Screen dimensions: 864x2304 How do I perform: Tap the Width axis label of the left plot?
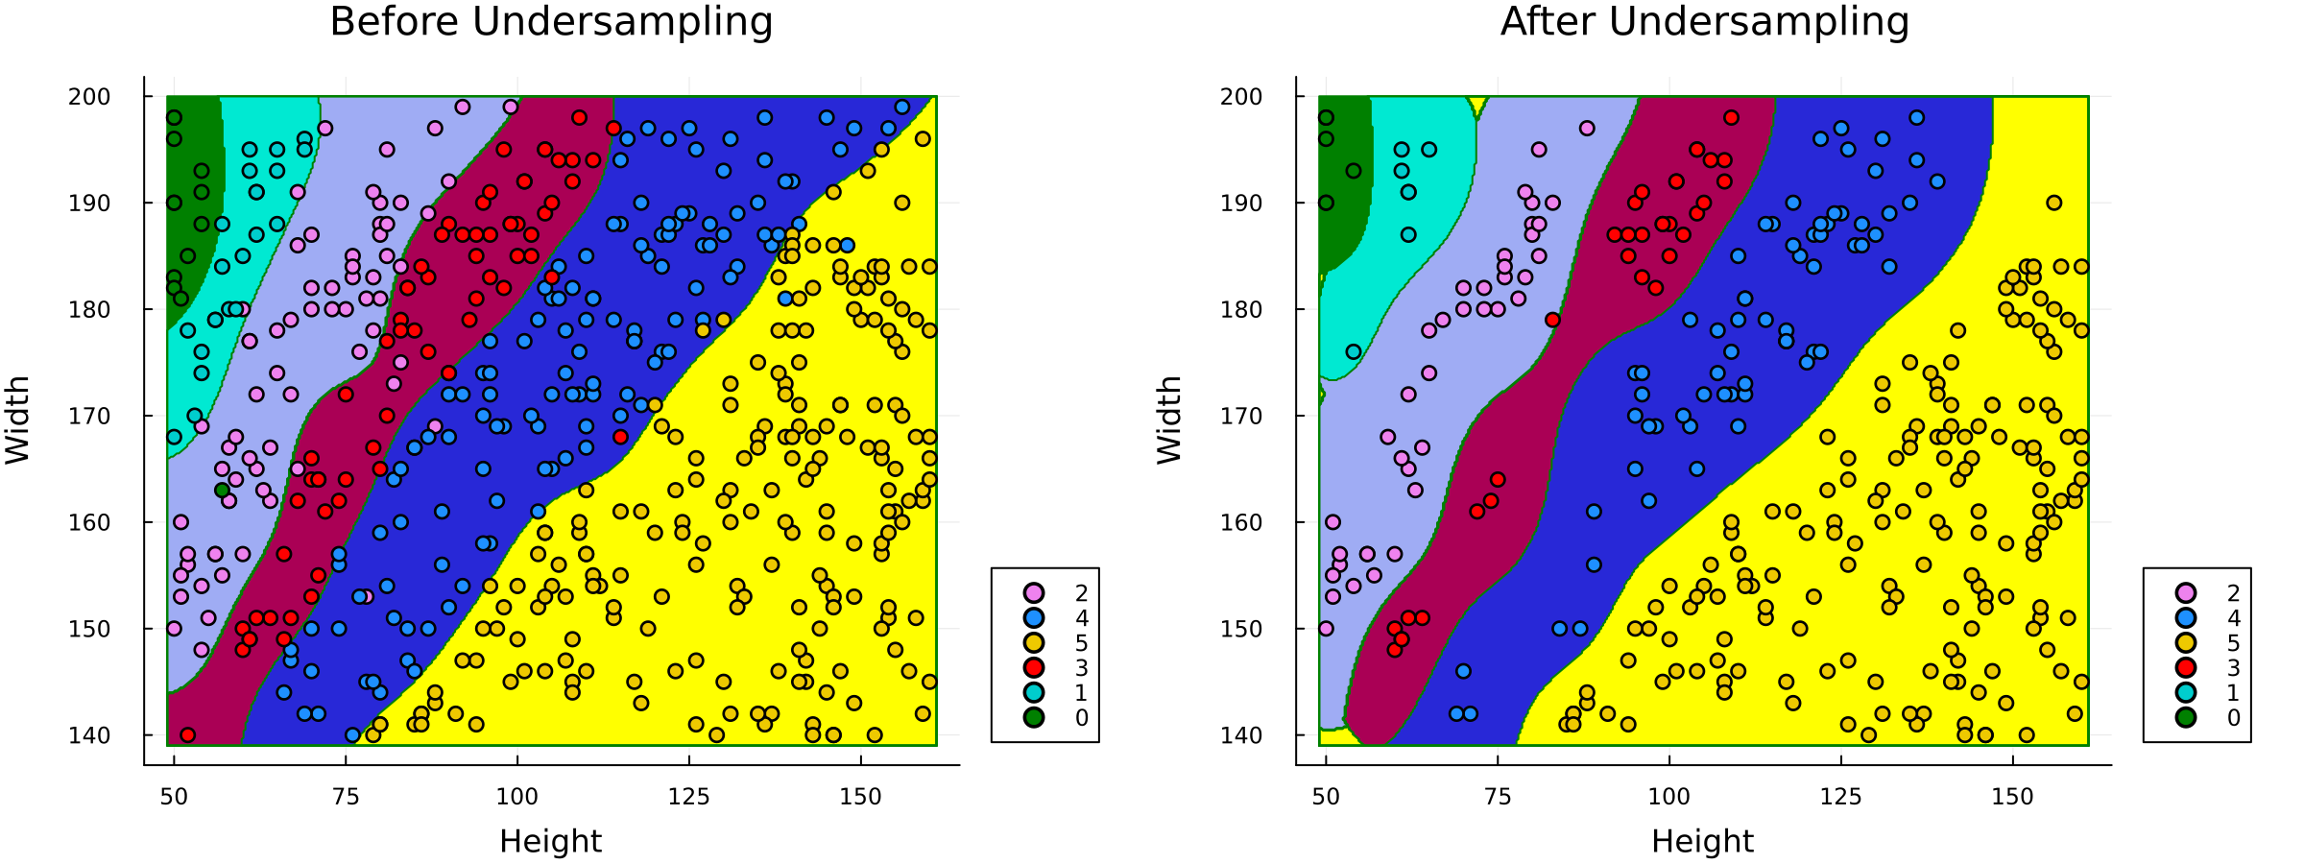(x=18, y=420)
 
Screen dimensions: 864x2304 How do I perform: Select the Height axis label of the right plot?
(x=1702, y=842)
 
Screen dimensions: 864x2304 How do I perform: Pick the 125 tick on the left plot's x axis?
(x=688, y=797)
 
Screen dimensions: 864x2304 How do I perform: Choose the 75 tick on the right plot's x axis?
(x=1498, y=797)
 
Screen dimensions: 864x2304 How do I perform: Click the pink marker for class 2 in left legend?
(x=1033, y=593)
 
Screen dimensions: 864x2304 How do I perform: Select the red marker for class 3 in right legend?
(x=2185, y=668)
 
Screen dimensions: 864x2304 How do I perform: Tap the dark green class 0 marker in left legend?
(x=1033, y=718)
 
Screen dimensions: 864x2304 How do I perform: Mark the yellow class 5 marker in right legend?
(x=2185, y=643)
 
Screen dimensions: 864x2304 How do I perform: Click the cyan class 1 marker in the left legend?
(x=1033, y=693)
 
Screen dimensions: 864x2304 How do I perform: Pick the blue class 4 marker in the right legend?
(x=2185, y=618)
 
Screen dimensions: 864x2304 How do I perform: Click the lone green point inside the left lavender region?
(x=222, y=491)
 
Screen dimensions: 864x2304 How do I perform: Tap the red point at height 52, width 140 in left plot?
(x=188, y=735)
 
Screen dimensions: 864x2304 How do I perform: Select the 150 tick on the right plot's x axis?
(x=2012, y=797)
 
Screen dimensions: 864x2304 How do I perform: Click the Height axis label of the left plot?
(x=550, y=842)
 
